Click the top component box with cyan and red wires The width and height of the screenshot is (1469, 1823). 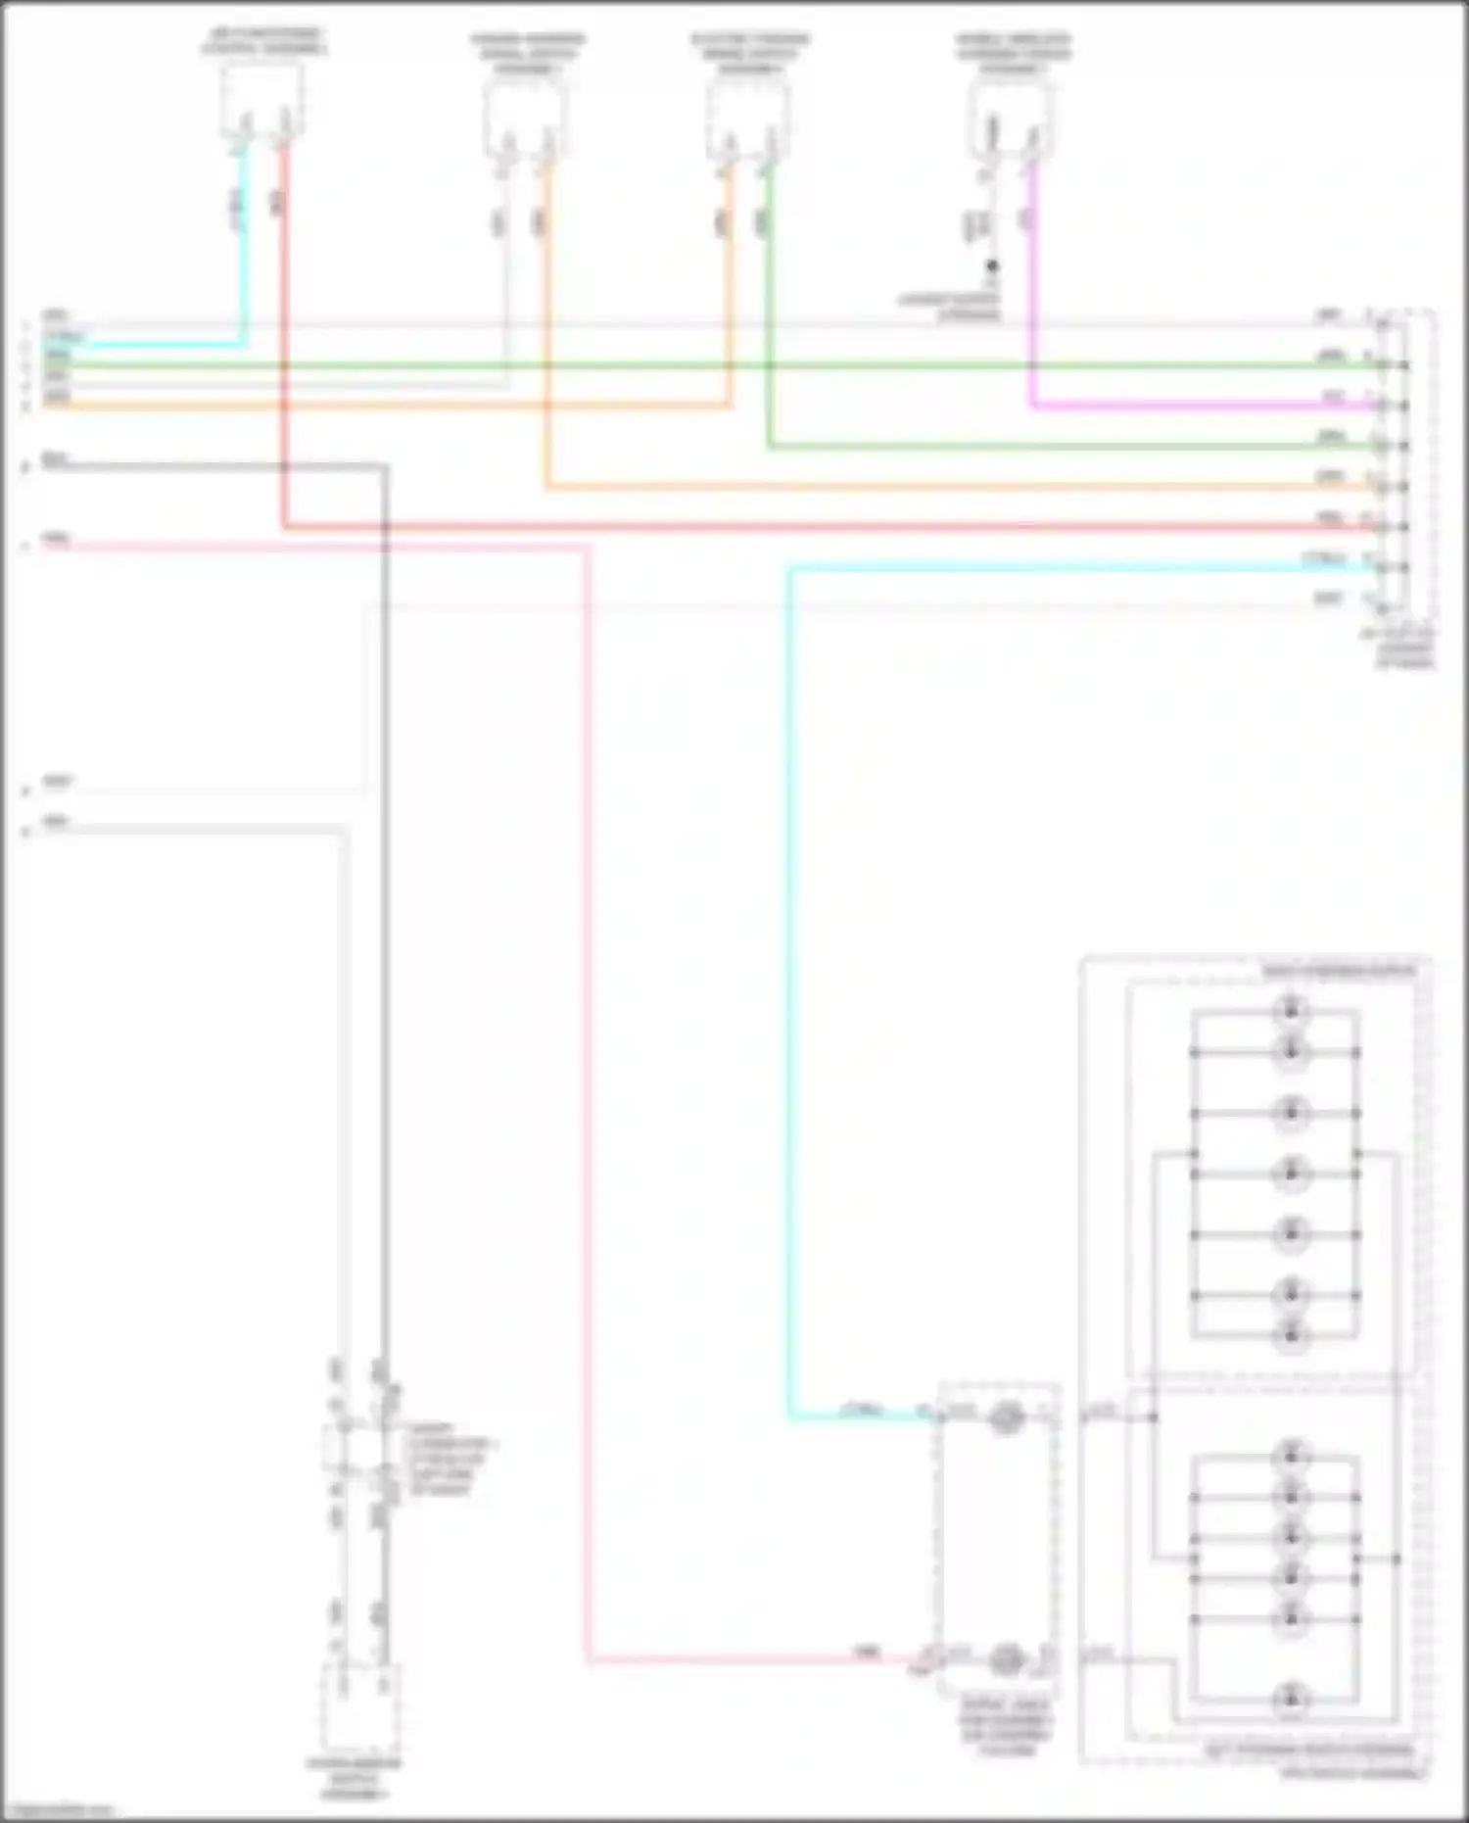click(261, 100)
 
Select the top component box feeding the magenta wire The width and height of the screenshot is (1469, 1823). click(1013, 118)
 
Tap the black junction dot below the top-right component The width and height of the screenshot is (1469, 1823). click(992, 265)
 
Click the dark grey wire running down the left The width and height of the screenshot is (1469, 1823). click(384, 882)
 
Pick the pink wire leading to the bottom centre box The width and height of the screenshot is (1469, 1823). click(589, 1078)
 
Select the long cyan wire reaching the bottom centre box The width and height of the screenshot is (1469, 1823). click(789, 980)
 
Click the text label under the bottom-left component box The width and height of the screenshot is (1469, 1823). click(355, 1778)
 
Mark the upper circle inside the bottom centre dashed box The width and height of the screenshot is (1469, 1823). click(1005, 1417)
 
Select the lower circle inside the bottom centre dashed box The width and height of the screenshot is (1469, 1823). click(1005, 1658)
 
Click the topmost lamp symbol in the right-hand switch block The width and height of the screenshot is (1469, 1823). click(1291, 1008)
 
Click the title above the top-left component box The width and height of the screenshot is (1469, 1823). click(264, 42)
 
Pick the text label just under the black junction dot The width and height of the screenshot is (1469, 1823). click(950, 307)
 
